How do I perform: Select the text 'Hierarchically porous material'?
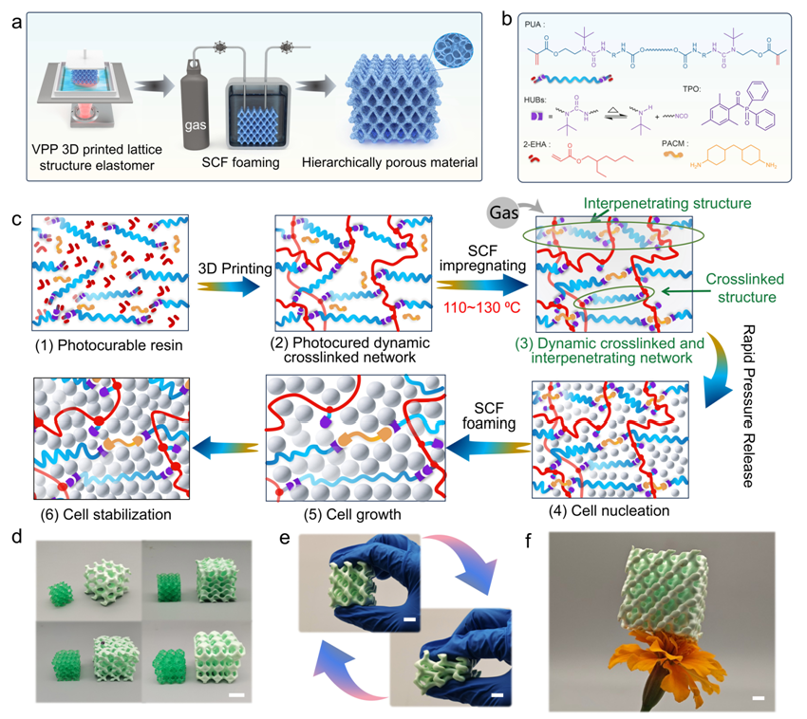pyautogui.click(x=400, y=162)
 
